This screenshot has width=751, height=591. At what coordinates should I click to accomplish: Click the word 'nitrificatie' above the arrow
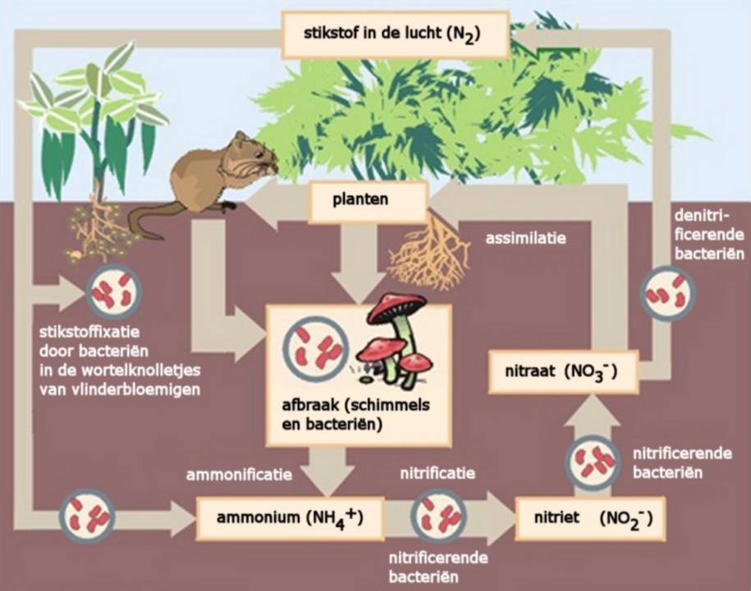[x=437, y=474]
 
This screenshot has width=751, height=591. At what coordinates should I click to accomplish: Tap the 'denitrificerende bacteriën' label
[x=709, y=236]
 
